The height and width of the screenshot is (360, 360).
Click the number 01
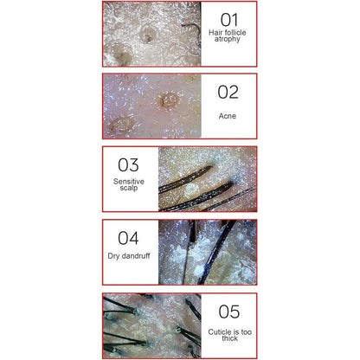[229, 20]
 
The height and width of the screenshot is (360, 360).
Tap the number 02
[228, 92]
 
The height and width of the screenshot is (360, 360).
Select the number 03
[128, 164]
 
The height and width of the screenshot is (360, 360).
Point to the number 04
[128, 238]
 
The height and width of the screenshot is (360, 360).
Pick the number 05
[229, 312]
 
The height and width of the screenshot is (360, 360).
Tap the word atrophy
[228, 39]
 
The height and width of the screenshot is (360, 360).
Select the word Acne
[228, 116]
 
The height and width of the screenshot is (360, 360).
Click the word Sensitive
[129, 182]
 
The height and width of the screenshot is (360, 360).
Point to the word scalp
[129, 188]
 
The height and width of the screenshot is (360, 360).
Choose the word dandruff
[136, 255]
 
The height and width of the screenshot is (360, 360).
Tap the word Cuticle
[220, 332]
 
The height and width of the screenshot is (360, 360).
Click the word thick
[229, 338]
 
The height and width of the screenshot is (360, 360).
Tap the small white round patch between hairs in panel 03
[190, 189]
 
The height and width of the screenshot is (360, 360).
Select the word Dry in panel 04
[113, 256]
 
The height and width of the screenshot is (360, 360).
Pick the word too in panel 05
[246, 332]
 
